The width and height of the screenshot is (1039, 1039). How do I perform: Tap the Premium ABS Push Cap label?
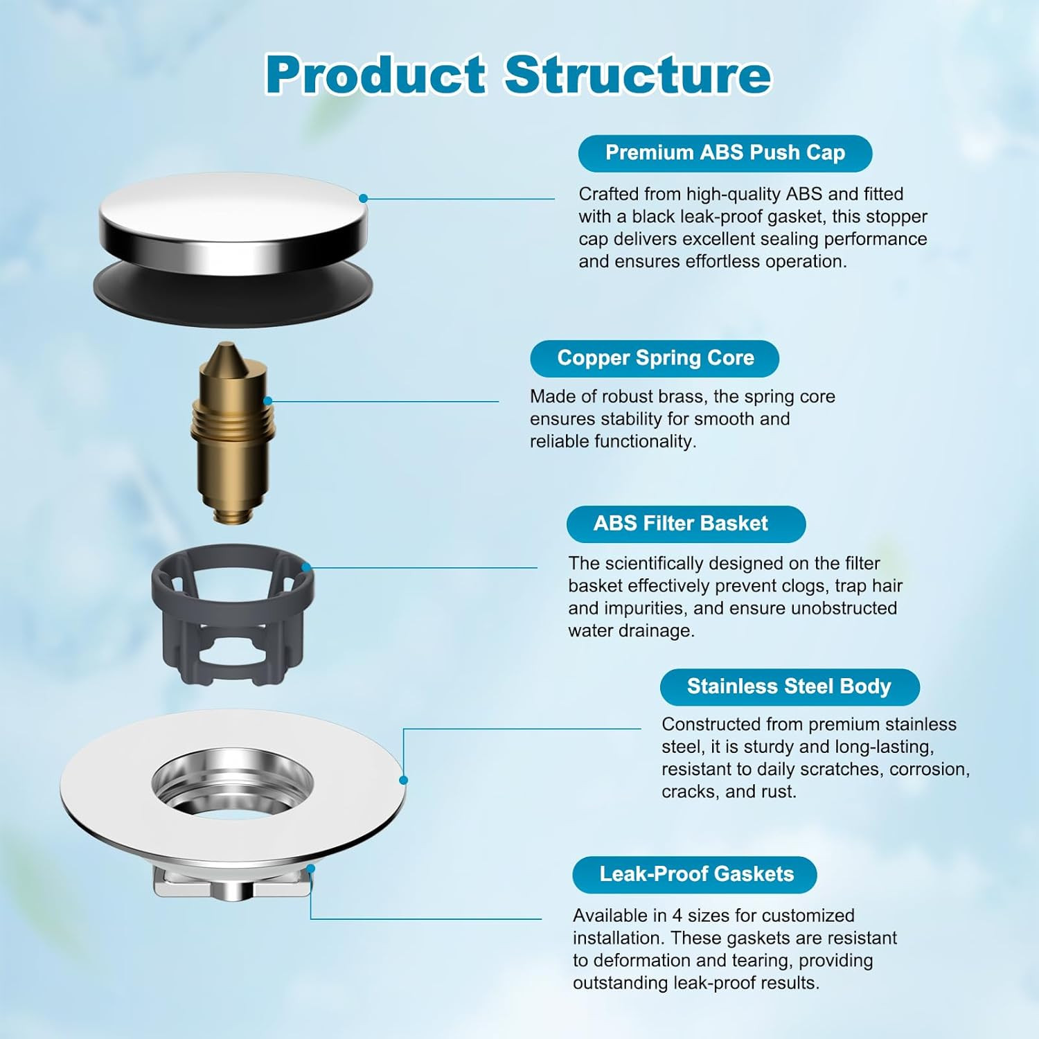click(725, 153)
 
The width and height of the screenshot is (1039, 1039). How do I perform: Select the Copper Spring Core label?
click(655, 358)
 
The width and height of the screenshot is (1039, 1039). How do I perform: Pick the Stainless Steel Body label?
click(789, 686)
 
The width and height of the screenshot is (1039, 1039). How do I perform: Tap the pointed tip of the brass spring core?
click(226, 350)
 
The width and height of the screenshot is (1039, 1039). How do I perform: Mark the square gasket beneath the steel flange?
click(232, 887)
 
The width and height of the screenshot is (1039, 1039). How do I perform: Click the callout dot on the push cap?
click(364, 198)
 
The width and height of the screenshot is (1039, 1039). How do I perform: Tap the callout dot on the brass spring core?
click(268, 400)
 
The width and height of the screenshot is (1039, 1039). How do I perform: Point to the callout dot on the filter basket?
click(305, 567)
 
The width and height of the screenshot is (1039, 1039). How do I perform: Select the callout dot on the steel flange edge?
click(404, 780)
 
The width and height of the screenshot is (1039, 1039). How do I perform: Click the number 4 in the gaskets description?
click(677, 916)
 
